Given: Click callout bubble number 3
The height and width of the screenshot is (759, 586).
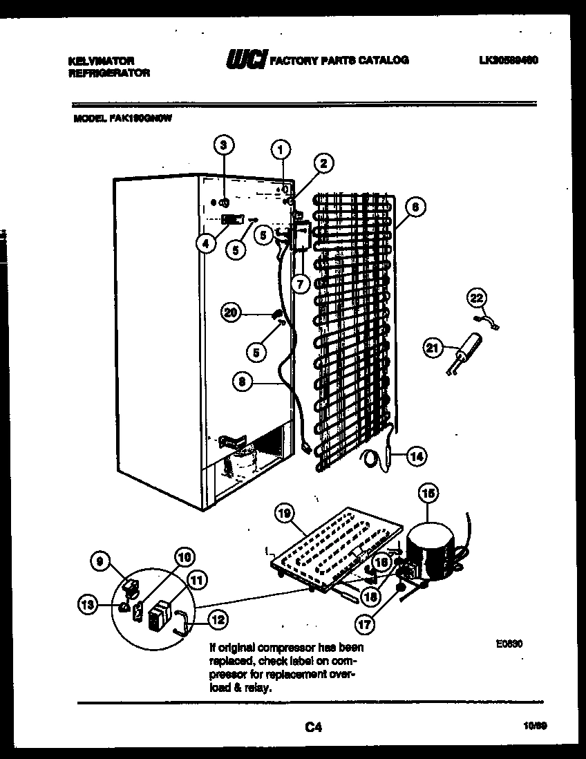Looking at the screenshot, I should click(x=223, y=145).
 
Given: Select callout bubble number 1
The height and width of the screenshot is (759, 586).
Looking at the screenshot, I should click(x=280, y=147).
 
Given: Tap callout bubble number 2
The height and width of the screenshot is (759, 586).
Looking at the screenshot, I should click(x=322, y=163).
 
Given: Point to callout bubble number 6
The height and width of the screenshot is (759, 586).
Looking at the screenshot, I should click(x=414, y=206).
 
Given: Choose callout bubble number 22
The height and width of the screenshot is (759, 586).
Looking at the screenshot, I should click(x=476, y=298).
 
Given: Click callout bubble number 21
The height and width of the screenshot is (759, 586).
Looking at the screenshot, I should click(x=433, y=349).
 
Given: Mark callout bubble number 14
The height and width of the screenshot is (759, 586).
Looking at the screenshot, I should click(x=416, y=456).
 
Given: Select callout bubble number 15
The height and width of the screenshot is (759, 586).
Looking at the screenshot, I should click(x=428, y=495).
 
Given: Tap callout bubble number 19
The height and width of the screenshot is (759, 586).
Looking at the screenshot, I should click(x=284, y=514).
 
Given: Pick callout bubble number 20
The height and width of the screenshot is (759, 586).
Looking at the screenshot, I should click(x=231, y=312).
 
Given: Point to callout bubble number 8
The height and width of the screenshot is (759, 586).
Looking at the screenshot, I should click(x=241, y=379).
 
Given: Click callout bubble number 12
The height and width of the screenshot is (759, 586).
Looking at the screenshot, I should click(x=216, y=620).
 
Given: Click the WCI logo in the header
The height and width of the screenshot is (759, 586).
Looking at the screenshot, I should click(x=246, y=61).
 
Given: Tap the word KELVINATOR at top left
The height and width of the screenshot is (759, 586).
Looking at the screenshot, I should click(x=101, y=61).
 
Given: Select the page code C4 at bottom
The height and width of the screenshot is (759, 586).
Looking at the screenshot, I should click(x=313, y=727).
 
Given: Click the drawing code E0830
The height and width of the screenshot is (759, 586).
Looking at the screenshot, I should click(x=509, y=643).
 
